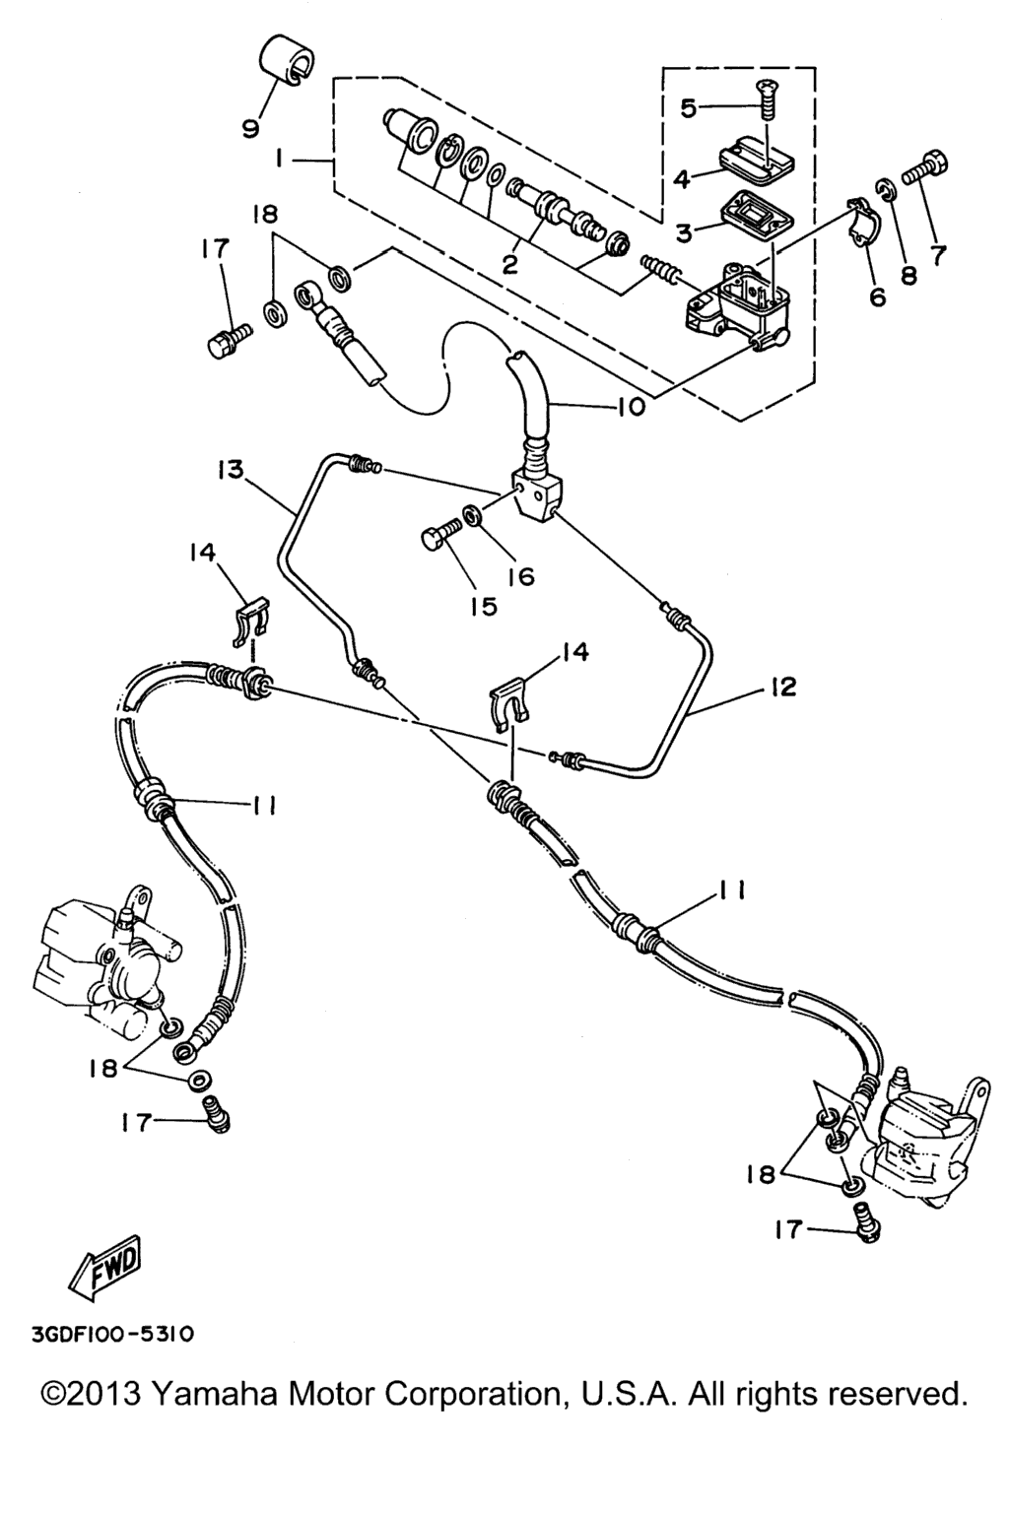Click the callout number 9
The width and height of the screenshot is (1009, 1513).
248,126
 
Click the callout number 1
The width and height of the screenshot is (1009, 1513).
282,158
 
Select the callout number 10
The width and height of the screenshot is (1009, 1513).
632,405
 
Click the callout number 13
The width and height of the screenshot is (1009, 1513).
232,469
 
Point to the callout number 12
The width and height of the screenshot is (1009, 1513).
783,687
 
